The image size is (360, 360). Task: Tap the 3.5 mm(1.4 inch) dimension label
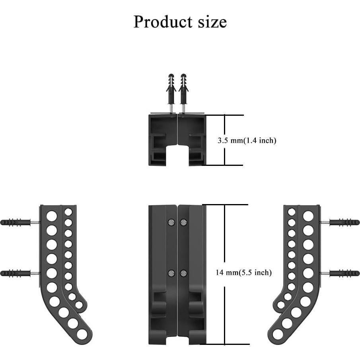247,140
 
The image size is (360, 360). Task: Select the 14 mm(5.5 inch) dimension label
244,272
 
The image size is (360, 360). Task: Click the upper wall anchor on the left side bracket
16,222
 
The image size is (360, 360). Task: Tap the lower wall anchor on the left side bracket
16,273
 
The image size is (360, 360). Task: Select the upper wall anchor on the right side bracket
344,222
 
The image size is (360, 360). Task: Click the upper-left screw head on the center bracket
171,222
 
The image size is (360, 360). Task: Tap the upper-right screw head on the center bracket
184,222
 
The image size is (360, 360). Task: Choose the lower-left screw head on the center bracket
171,273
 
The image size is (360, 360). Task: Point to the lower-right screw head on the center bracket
184,273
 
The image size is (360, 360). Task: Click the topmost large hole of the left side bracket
51,216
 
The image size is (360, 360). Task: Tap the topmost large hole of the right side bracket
308,216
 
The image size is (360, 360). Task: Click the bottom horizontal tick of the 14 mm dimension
227,344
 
